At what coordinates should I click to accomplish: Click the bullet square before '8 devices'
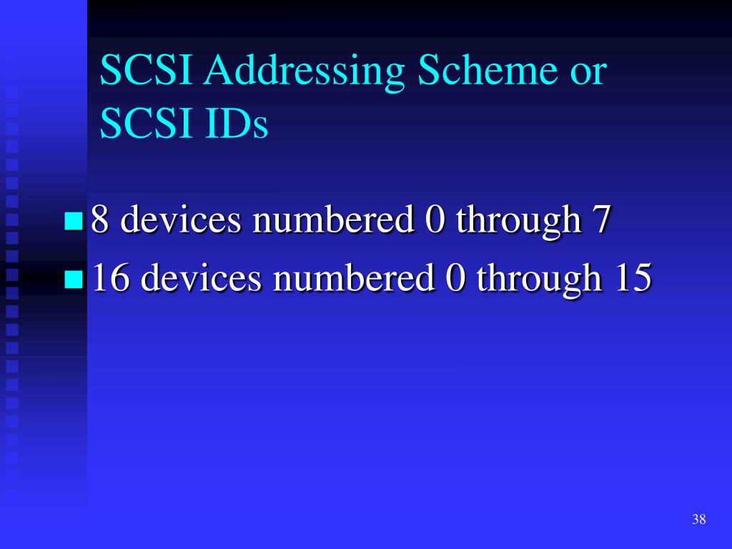pyautogui.click(x=73, y=222)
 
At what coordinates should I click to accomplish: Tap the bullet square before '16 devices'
pyautogui.click(x=73, y=279)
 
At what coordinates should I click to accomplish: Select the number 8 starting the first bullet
pyautogui.click(x=100, y=220)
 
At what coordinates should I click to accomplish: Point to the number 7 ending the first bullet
pyautogui.click(x=600, y=220)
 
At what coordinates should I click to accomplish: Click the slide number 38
pyautogui.click(x=698, y=520)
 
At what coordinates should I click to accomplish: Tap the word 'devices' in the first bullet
pyautogui.click(x=181, y=220)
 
